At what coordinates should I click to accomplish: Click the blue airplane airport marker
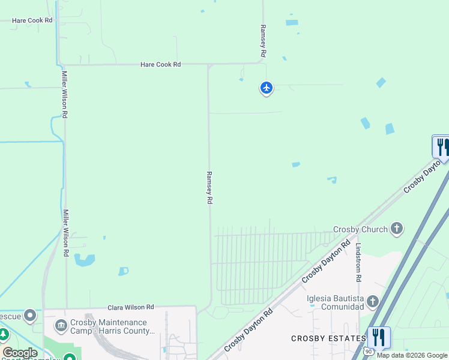click(x=267, y=88)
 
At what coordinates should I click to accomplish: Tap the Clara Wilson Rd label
click(x=131, y=307)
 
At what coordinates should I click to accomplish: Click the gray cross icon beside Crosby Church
click(x=396, y=228)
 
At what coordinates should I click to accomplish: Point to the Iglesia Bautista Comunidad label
click(x=335, y=302)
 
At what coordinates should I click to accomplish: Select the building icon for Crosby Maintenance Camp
click(x=61, y=326)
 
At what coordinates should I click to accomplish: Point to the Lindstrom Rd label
click(x=358, y=263)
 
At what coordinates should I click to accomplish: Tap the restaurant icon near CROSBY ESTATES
click(x=379, y=337)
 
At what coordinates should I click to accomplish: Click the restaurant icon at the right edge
click(x=442, y=146)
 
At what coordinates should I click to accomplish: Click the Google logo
click(x=20, y=352)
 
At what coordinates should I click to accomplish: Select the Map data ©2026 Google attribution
click(x=412, y=355)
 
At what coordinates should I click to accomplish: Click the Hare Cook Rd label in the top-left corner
click(x=32, y=20)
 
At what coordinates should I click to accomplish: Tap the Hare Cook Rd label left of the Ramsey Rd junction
click(x=160, y=64)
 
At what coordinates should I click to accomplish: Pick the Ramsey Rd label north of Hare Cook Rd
click(x=262, y=41)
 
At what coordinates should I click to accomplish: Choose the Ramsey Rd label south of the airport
click(x=209, y=188)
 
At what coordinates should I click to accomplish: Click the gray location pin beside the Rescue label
click(x=29, y=316)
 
